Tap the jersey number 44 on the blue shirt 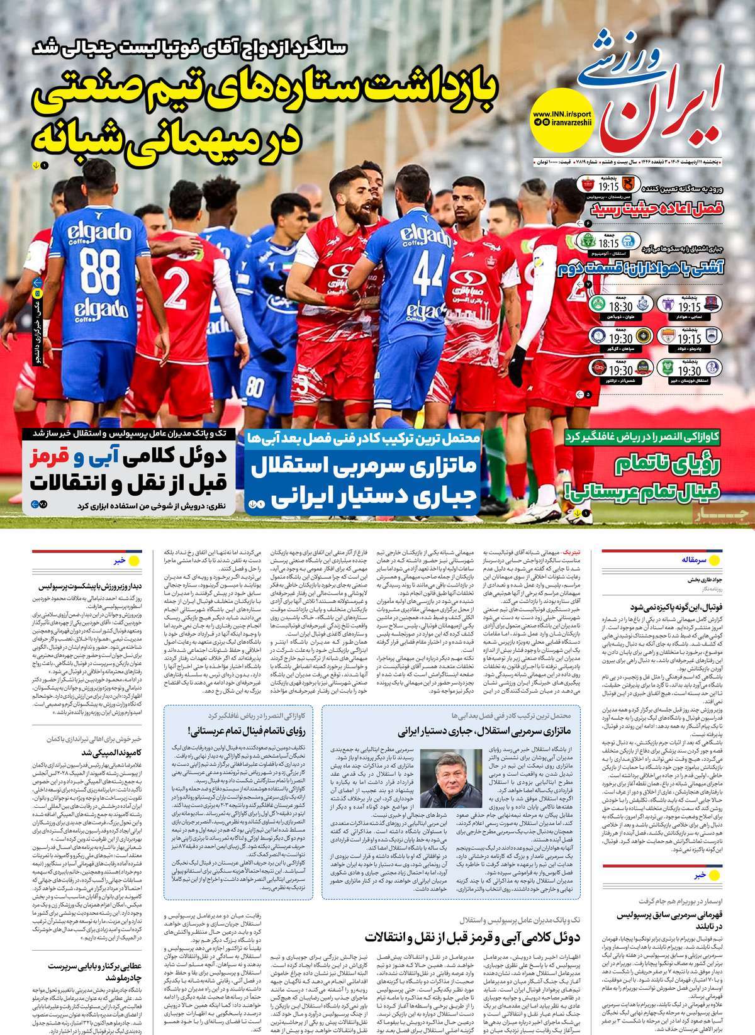point(429,269)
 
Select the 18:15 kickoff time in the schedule point(607,243)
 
